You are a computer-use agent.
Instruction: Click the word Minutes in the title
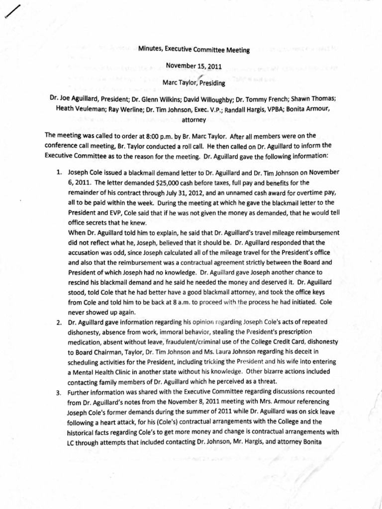[x=151, y=50]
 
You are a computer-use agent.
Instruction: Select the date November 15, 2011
[x=194, y=66]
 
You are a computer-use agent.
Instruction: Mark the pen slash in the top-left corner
[x=12, y=10]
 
